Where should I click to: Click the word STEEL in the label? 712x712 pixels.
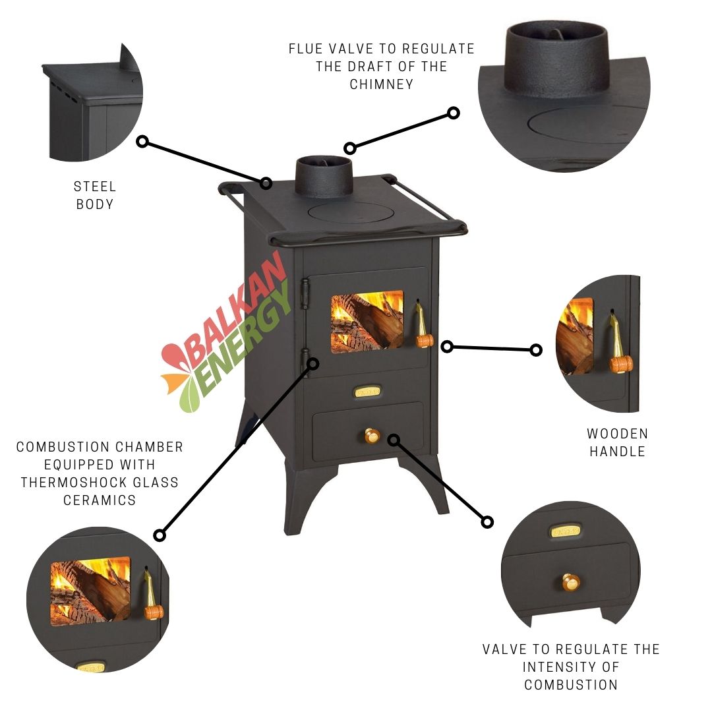(x=95, y=187)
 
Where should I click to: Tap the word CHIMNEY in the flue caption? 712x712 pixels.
(x=382, y=84)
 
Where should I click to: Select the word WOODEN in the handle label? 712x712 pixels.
(x=618, y=434)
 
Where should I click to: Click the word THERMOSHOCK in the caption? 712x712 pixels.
(x=68, y=482)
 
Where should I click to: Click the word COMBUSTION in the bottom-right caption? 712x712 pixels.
(x=571, y=685)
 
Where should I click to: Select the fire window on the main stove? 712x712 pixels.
(x=367, y=322)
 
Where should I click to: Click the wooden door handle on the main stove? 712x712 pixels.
(x=423, y=327)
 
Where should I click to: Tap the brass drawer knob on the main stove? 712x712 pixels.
(x=372, y=436)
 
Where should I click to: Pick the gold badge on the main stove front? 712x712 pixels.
(x=367, y=392)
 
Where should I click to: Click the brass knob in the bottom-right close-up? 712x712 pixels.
(x=571, y=581)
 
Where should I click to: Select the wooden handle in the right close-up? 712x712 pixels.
(x=619, y=345)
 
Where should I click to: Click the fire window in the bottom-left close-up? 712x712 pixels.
(x=90, y=591)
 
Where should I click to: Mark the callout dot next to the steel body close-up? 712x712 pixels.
(x=142, y=142)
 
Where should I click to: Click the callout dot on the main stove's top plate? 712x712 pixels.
(x=266, y=183)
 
